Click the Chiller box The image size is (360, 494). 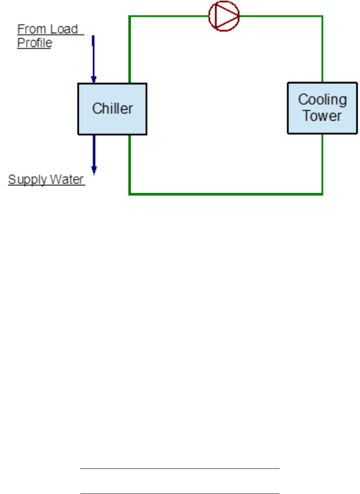pos(112,109)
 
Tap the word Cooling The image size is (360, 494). pos(322,100)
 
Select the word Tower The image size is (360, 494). pos(322,116)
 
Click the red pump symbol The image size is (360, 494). pos(224,15)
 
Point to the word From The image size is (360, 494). pos(30,29)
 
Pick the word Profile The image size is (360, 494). pos(34,43)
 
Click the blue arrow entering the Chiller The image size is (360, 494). pos(93,60)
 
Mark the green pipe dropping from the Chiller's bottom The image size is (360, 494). pos(130,164)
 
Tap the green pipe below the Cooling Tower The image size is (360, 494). pos(322,164)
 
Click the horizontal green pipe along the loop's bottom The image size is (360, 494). pos(226,194)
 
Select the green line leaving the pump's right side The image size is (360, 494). pos(281,16)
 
